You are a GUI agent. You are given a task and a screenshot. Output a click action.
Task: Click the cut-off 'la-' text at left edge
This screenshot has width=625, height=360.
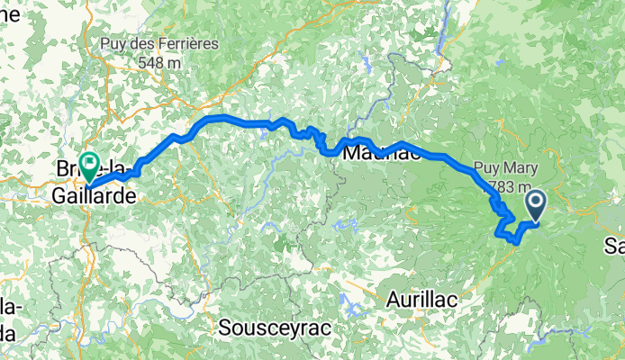click(x=9, y=310)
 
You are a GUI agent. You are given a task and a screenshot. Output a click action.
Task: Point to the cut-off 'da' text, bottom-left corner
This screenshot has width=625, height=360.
click(x=8, y=333)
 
